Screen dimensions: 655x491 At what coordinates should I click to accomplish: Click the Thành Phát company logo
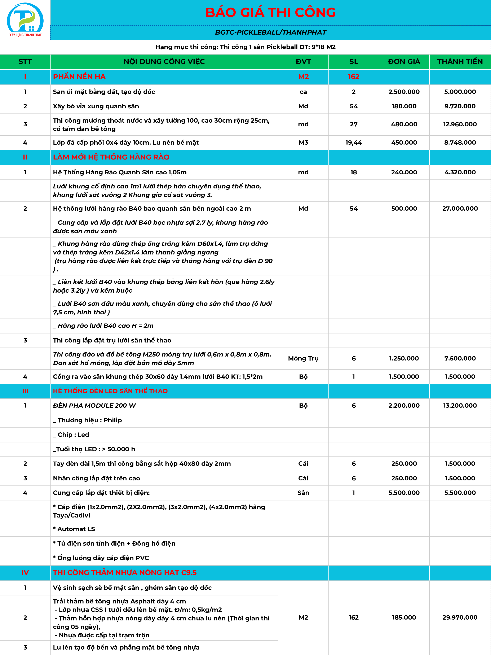tap(25, 20)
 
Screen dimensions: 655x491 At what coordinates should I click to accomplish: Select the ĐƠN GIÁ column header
tap(404, 62)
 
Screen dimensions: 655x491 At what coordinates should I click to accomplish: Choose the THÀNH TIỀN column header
tap(460, 62)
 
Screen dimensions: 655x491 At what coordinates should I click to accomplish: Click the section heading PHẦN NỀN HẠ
tap(79, 77)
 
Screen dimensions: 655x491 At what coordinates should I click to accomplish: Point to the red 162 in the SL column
tap(353, 77)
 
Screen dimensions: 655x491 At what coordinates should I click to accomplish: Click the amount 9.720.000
tap(460, 106)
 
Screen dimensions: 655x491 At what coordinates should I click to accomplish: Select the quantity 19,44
tap(353, 143)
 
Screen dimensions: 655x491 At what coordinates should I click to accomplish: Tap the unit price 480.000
tap(404, 124)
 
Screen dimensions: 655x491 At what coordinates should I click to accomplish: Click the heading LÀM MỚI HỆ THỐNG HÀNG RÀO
tap(111, 157)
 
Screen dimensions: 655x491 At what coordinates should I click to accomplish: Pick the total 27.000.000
tap(460, 209)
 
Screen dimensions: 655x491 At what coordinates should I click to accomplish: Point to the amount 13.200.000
tap(460, 406)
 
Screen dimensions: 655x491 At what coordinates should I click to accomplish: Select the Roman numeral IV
tap(25, 572)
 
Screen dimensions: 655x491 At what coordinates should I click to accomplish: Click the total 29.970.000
tap(460, 617)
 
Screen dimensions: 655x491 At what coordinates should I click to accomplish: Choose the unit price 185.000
tap(404, 617)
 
